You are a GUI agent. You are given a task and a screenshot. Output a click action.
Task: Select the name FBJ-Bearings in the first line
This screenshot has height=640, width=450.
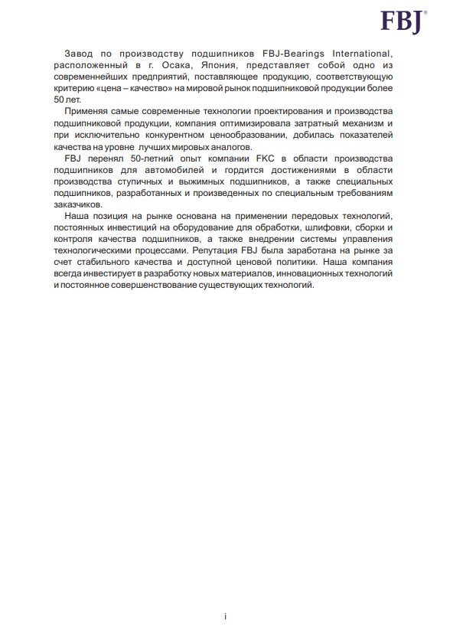pos(273,53)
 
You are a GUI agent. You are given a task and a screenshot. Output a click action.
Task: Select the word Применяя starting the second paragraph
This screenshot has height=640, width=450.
pos(93,112)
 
